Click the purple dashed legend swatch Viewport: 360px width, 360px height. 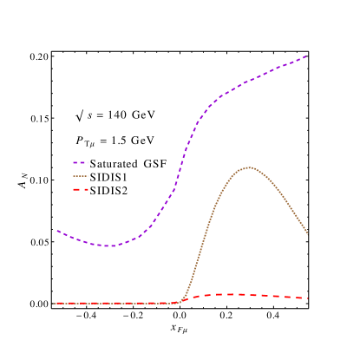point(80,162)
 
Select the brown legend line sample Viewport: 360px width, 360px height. point(80,176)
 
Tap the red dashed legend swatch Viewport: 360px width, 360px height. point(80,189)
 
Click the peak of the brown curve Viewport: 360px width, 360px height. point(250,167)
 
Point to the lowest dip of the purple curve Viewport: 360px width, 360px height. point(110,246)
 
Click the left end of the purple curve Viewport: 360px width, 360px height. point(57,231)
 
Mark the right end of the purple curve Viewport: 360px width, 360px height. point(306,57)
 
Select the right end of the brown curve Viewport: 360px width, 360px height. point(307,233)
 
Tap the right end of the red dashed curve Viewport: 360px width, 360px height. point(307,298)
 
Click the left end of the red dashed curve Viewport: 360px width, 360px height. point(55,304)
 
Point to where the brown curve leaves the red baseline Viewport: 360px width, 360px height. point(180,301)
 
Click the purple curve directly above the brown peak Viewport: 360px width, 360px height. point(250,82)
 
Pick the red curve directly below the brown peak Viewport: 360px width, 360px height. point(250,295)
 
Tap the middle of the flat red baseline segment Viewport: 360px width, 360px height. point(117,304)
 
